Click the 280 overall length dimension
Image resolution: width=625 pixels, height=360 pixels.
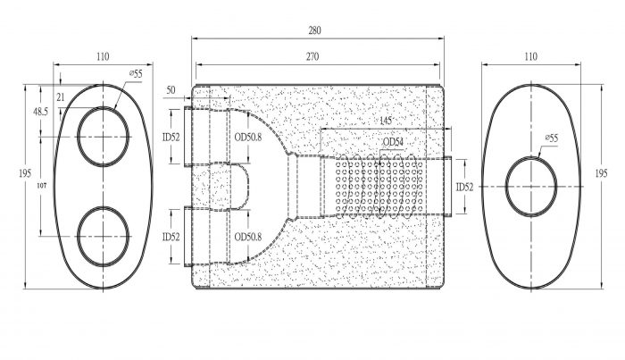pyautogui.click(x=314, y=30)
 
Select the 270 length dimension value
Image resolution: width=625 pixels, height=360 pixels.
pyautogui.click(x=312, y=57)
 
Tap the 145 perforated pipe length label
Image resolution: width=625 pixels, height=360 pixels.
pyautogui.click(x=386, y=121)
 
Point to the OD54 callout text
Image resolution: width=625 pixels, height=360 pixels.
pyautogui.click(x=393, y=142)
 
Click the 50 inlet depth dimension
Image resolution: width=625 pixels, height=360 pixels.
pyautogui.click(x=171, y=90)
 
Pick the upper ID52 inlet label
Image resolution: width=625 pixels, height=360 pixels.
pyautogui.click(x=171, y=138)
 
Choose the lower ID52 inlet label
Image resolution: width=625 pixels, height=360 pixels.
pyautogui.click(x=171, y=238)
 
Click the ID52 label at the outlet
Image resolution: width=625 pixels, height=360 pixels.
pyautogui.click(x=465, y=187)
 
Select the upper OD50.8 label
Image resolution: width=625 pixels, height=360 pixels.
pyautogui.click(x=248, y=138)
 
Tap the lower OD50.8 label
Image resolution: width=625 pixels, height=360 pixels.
pyautogui.click(x=248, y=237)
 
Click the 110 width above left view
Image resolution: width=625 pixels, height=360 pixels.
pyautogui.click(x=103, y=57)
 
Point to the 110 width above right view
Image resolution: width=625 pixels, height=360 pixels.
pyautogui.click(x=530, y=57)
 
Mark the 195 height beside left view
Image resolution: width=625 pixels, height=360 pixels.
pyautogui.click(x=25, y=173)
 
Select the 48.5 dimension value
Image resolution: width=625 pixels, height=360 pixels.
pyautogui.click(x=40, y=112)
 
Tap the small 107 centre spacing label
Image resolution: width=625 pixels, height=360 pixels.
pyautogui.click(x=42, y=186)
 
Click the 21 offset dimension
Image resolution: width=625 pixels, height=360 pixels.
pyautogui.click(x=61, y=96)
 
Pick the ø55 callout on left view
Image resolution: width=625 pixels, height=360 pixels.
pyautogui.click(x=136, y=73)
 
